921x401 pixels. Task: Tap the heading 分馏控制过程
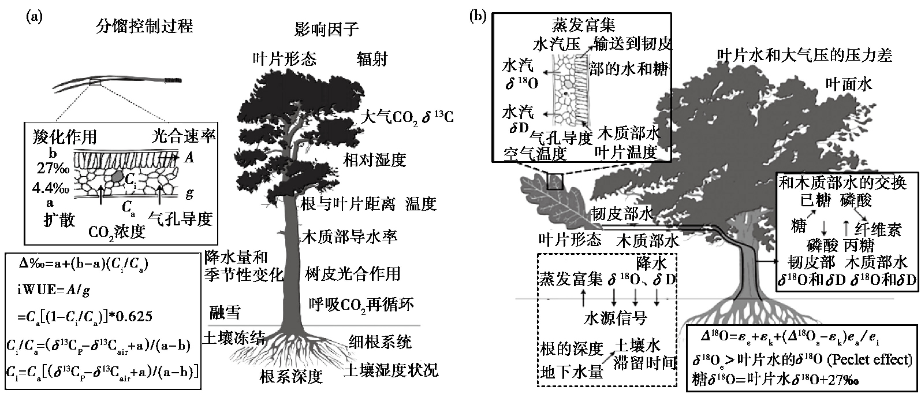pyautogui.click(x=144, y=26)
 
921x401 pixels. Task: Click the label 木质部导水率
pyautogui.click(x=350, y=237)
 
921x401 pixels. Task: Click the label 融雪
pyautogui.click(x=225, y=314)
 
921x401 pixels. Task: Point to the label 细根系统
pyautogui.click(x=380, y=342)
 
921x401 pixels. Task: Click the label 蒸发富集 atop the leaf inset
pyautogui.click(x=583, y=25)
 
